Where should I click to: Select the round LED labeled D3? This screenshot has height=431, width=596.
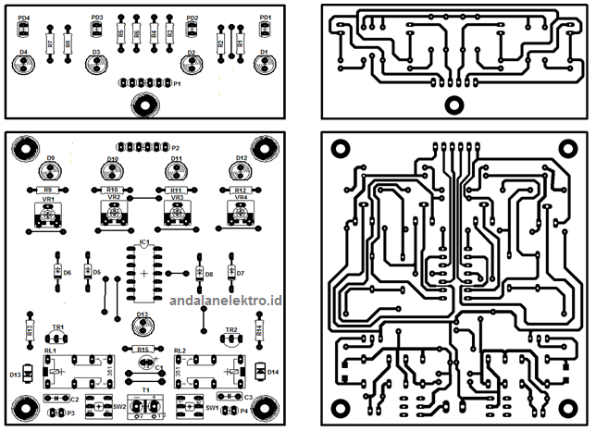pyautogui.click(x=95, y=64)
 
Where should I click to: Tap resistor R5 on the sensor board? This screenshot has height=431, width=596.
pyautogui.click(x=120, y=36)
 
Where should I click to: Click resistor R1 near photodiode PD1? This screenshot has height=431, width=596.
pyautogui.click(x=241, y=43)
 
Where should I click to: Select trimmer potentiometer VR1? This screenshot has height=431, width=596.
pyautogui.click(x=48, y=215)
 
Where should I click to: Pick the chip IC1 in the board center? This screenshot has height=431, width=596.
pyautogui.click(x=144, y=276)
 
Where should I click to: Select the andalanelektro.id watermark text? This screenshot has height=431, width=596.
pyautogui.click(x=226, y=301)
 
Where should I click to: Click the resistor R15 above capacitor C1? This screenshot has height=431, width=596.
pyautogui.click(x=143, y=350)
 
